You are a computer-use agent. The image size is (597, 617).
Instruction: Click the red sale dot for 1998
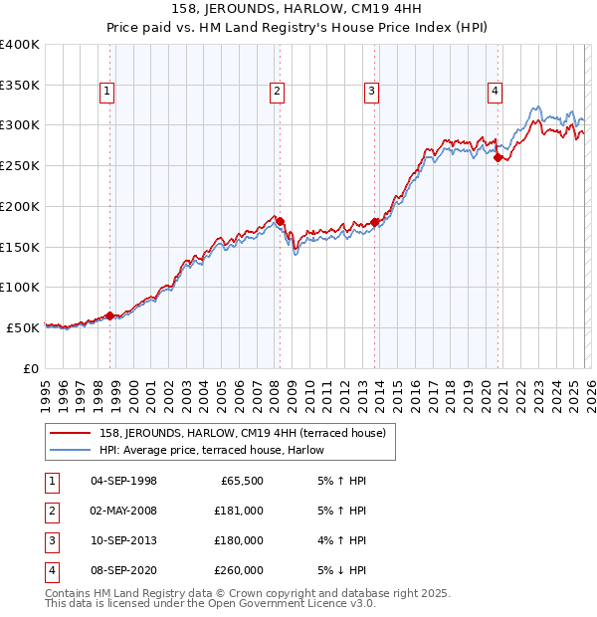point(109,315)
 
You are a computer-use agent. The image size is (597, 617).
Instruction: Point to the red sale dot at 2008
point(280,221)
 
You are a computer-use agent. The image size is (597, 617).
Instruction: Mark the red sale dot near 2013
point(375,222)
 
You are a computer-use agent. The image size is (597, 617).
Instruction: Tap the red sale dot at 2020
point(498,156)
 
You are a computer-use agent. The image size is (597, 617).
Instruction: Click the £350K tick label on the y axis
point(20,86)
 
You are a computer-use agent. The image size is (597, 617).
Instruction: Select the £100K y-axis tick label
point(20,288)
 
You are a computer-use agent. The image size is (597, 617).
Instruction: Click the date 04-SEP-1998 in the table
point(123,481)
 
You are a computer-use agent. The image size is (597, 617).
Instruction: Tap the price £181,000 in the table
point(239,511)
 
